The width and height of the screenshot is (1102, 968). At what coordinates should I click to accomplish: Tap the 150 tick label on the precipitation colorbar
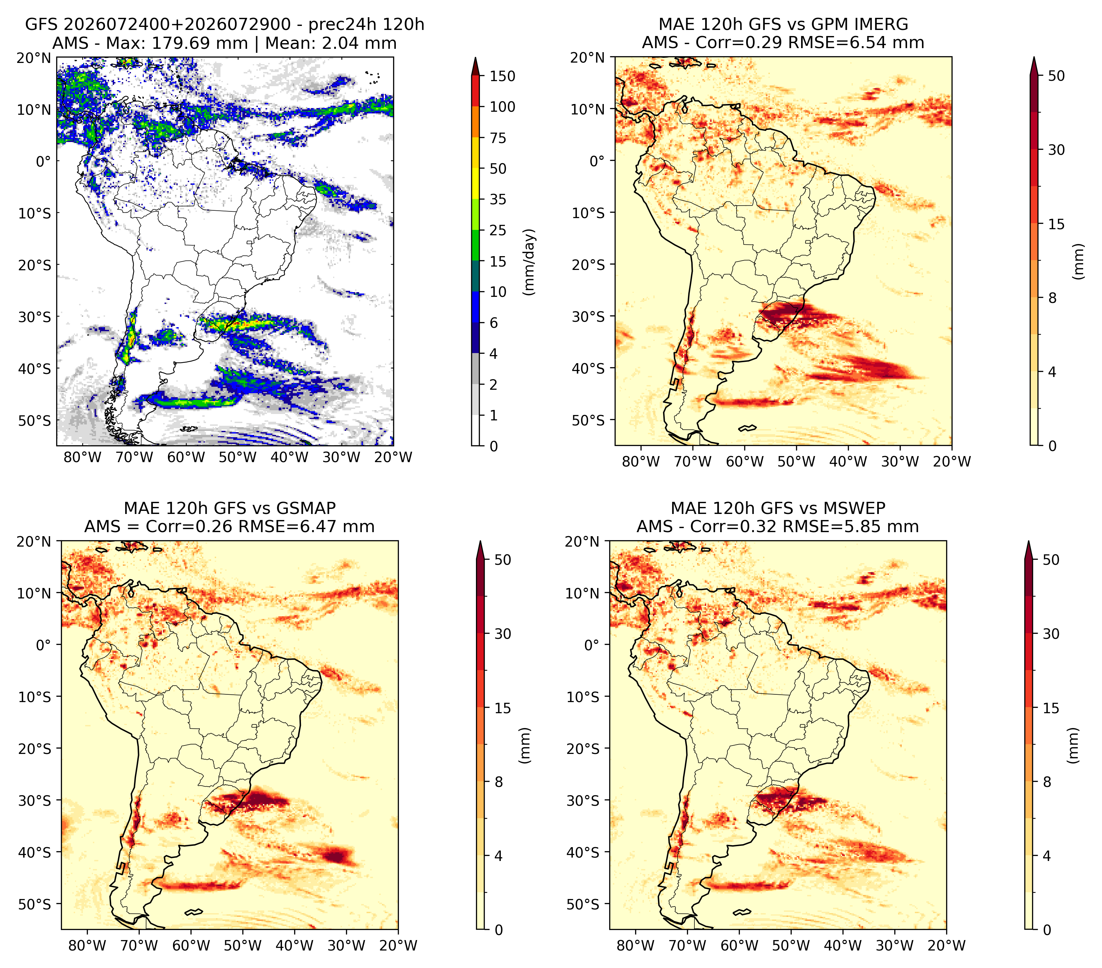pos(503,76)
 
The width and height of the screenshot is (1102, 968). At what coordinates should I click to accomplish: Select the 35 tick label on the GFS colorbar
pos(498,199)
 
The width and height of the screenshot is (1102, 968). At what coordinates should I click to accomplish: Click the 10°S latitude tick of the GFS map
pos(35,213)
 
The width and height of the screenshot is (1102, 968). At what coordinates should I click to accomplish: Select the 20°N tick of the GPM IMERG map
pos(588,58)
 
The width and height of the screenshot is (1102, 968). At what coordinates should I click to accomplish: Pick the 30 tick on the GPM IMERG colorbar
pos(1057,150)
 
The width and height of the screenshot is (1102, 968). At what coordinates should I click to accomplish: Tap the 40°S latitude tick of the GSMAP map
pos(35,853)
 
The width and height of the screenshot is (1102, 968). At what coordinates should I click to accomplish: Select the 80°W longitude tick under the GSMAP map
pos(87,946)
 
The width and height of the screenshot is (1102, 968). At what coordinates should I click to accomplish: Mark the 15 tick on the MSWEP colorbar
pos(1051,708)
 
